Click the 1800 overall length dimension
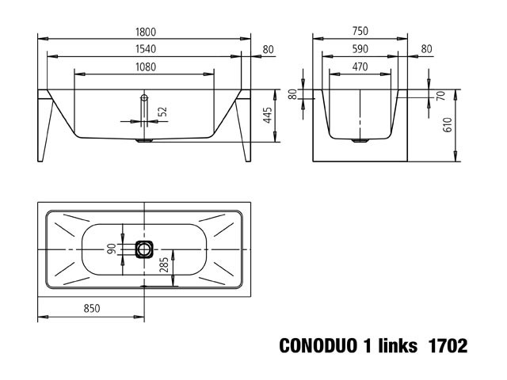tap(144, 32)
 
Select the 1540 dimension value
tap(144, 49)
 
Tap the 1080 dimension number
tap(144, 68)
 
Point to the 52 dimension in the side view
tap(162, 112)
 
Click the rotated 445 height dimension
tap(268, 116)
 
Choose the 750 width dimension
tap(360, 32)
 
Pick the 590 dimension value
tap(360, 49)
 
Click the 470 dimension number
tap(360, 68)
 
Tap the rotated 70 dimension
tap(440, 95)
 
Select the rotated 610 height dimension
tap(448, 125)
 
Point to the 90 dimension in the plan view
tap(112, 249)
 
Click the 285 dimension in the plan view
tap(165, 265)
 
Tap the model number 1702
tap(447, 346)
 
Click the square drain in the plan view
tap(143, 249)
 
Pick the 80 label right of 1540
tap(268, 49)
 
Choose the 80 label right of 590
tap(427, 49)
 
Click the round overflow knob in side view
tap(143, 98)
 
